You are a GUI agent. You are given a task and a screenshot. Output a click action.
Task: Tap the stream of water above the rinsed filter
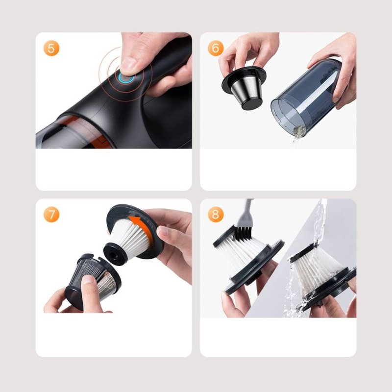(x=318, y=220)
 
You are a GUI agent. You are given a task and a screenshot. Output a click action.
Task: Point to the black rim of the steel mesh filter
(x=244, y=78)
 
